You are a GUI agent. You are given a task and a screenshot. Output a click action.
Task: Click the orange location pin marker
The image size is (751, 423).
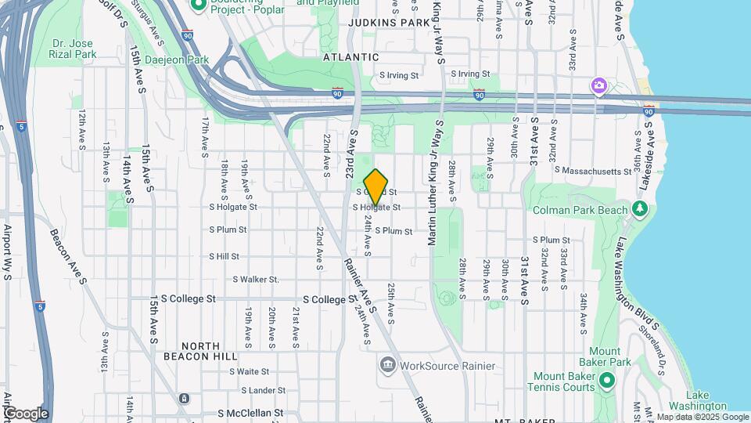(x=376, y=187)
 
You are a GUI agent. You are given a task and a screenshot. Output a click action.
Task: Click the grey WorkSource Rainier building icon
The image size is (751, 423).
(x=388, y=365)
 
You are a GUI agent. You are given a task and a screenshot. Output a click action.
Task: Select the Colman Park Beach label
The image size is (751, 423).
(x=580, y=210)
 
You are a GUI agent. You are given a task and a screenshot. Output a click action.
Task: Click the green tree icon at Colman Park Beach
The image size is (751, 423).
(x=640, y=209)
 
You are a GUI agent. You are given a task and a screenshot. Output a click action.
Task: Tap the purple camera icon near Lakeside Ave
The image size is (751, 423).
(x=599, y=85)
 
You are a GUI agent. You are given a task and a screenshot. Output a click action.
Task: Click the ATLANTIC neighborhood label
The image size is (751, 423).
(x=351, y=57)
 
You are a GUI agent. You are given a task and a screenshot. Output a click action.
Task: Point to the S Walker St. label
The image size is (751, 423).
(x=256, y=279)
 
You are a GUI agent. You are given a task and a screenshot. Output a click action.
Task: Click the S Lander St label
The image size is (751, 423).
(x=264, y=390)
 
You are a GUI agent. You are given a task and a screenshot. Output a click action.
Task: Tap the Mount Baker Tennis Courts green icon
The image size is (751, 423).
(x=608, y=381)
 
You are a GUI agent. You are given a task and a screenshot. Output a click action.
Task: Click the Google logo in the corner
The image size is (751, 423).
(x=25, y=413)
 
